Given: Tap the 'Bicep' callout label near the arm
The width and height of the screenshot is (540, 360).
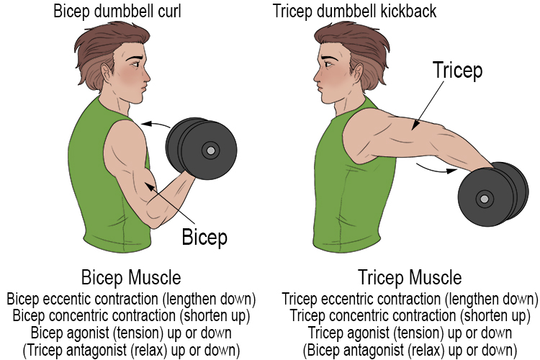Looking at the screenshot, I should click(204, 235).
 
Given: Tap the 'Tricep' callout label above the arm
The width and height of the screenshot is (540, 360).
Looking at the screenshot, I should click(457, 71).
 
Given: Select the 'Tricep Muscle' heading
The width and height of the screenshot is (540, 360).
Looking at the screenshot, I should click(410, 277).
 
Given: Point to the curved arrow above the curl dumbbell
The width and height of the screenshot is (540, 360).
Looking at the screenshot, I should click(155, 124).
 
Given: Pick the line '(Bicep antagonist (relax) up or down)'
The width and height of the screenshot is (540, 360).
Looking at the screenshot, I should click(410, 351).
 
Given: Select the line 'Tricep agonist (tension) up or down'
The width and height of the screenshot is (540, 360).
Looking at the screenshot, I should click(410, 333).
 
